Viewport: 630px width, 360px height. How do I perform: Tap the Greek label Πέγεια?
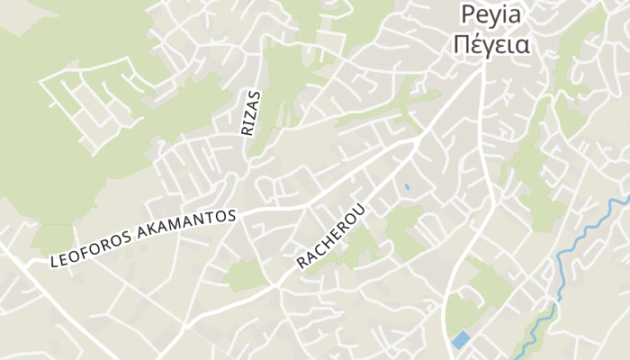(491, 44)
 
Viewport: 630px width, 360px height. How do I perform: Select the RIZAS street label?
(251, 112)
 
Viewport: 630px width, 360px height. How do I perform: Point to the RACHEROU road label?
(332, 236)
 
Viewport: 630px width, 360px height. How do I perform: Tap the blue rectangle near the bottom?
(461, 340)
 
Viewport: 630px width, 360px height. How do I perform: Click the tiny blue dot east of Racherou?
(407, 187)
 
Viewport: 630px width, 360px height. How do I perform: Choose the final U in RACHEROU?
(361, 210)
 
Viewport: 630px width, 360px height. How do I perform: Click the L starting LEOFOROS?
(54, 262)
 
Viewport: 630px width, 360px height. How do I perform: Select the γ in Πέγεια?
(491, 47)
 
